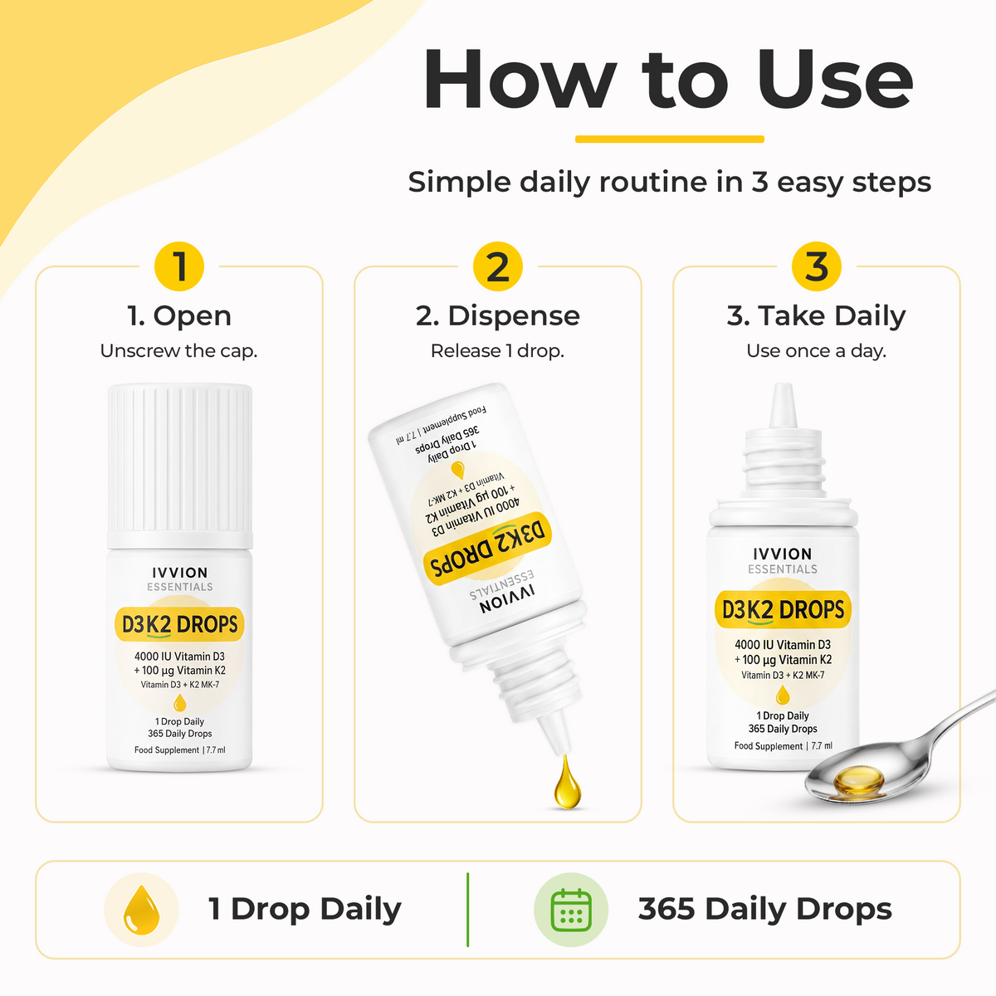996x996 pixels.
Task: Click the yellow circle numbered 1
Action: click(179, 266)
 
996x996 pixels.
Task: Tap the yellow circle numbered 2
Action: click(498, 266)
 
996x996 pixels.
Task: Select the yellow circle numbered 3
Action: click(817, 266)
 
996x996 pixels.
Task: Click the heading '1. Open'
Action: click(179, 315)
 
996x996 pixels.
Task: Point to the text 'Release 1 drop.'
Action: click(497, 351)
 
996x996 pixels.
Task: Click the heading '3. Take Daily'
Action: click(816, 316)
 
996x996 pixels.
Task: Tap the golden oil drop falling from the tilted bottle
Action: click(567, 783)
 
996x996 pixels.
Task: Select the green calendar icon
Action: click(571, 910)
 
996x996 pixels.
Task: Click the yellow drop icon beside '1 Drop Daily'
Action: click(141, 911)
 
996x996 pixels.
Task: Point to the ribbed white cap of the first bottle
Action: click(180, 465)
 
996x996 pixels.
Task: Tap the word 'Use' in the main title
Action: click(834, 81)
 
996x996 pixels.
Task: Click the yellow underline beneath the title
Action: click(669, 139)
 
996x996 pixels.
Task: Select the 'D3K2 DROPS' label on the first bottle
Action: click(179, 624)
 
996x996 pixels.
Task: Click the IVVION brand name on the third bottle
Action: click(783, 554)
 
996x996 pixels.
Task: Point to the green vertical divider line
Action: click(468, 910)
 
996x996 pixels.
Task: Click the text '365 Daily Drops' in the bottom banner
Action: click(765, 910)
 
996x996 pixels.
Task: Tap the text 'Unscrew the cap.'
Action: click(178, 351)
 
